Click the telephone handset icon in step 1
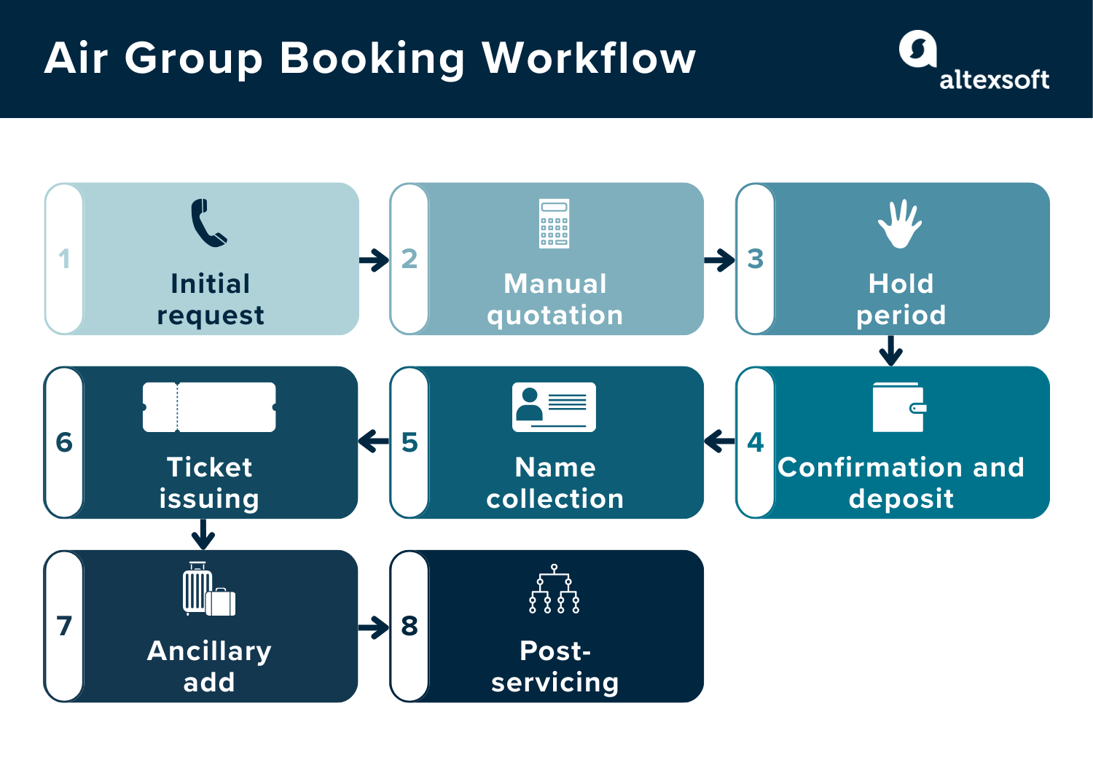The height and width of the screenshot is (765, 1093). point(208,223)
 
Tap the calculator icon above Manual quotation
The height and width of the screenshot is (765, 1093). point(554,224)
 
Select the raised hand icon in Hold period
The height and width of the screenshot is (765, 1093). point(900,224)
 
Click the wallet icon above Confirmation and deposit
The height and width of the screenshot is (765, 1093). point(899,407)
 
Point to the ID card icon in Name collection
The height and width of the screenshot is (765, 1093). point(554,407)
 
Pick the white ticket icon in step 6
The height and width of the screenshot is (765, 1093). point(209,407)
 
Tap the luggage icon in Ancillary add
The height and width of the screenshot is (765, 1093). point(208,589)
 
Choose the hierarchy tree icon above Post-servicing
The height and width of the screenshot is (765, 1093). point(554,589)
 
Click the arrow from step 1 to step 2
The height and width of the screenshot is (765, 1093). point(375,260)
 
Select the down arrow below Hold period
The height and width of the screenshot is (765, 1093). point(890,350)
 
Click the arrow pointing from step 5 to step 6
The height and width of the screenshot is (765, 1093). point(375,441)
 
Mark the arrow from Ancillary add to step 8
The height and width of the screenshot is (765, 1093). point(375,627)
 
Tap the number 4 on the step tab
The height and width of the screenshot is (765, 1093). point(755,442)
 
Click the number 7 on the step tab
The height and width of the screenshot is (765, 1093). point(64,626)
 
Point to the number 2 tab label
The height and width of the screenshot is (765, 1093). point(410,259)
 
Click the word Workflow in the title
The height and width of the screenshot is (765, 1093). point(589,58)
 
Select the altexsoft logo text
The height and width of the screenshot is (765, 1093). point(994,79)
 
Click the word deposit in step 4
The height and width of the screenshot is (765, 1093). point(901,499)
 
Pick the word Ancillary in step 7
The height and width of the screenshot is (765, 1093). point(209,651)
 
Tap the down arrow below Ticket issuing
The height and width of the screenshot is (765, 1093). point(203,534)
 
